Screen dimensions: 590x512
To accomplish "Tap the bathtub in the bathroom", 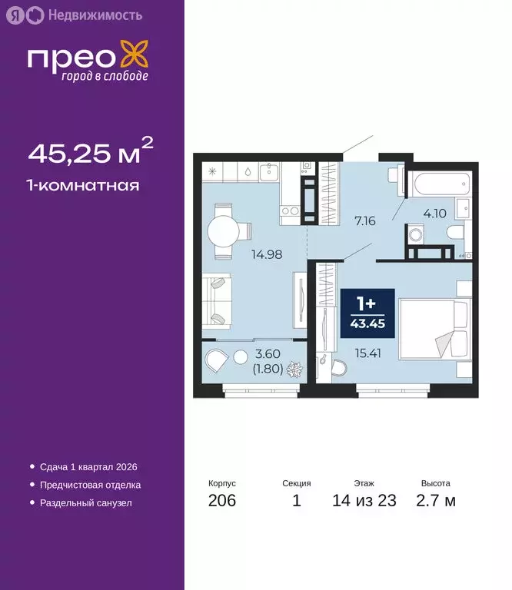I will pos(436,184).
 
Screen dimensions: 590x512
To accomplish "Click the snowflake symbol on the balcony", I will pos(294,371).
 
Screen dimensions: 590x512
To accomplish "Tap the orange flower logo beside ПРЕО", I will pos(137,59).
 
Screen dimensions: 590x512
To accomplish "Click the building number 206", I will pos(221,501).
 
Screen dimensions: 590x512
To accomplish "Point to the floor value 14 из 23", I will pos(364,501).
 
